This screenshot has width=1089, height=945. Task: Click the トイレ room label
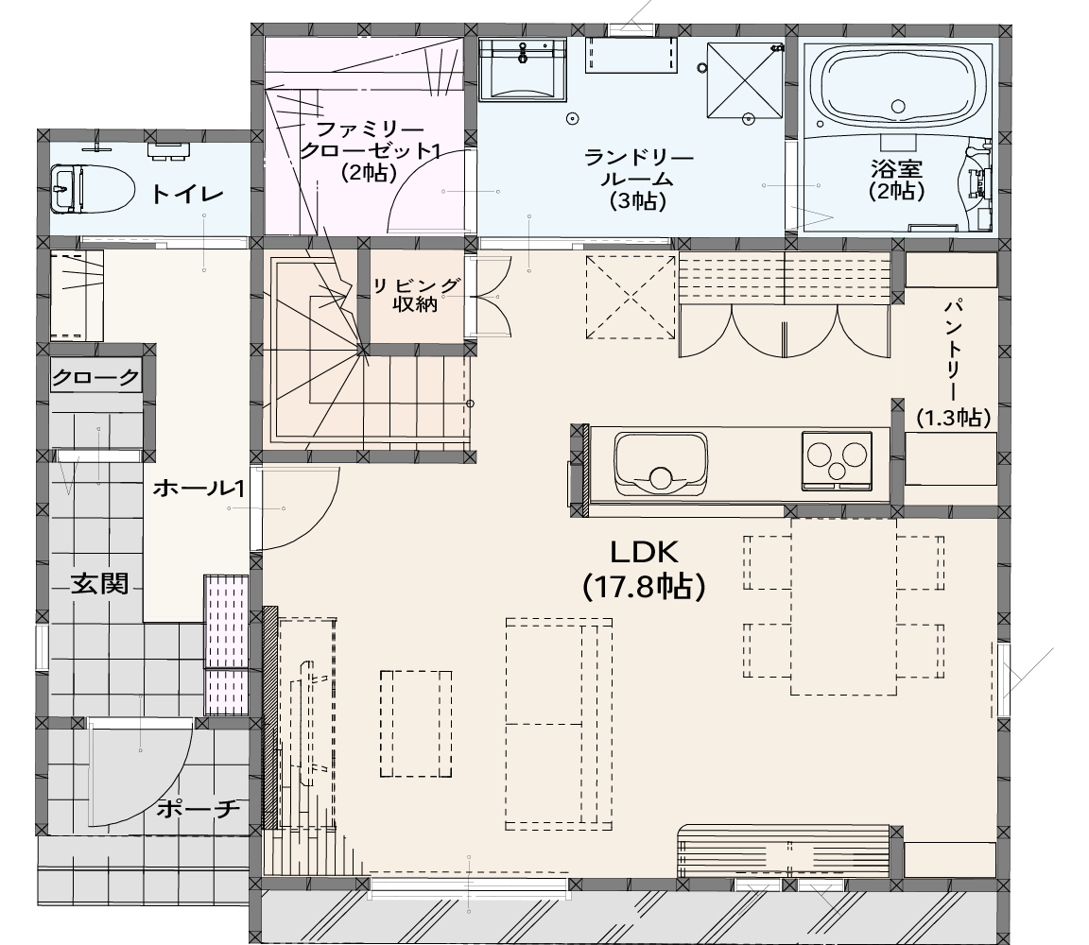pos(187,194)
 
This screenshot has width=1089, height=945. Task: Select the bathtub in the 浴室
pos(899,91)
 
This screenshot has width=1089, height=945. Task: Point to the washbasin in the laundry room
pos(522,67)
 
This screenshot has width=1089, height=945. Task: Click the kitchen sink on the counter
pos(661,462)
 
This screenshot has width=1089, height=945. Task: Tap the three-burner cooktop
pos(837,459)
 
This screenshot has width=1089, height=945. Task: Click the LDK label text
pos(644,552)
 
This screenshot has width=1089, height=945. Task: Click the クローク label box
pos(95,377)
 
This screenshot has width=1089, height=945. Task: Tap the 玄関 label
pos(100,584)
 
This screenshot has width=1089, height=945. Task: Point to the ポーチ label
pos(198,808)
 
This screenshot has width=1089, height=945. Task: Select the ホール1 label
pos(199,489)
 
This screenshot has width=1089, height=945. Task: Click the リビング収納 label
pos(416,295)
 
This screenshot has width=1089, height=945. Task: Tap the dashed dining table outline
pos(843,606)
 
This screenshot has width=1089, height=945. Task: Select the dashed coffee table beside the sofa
pos(416,724)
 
